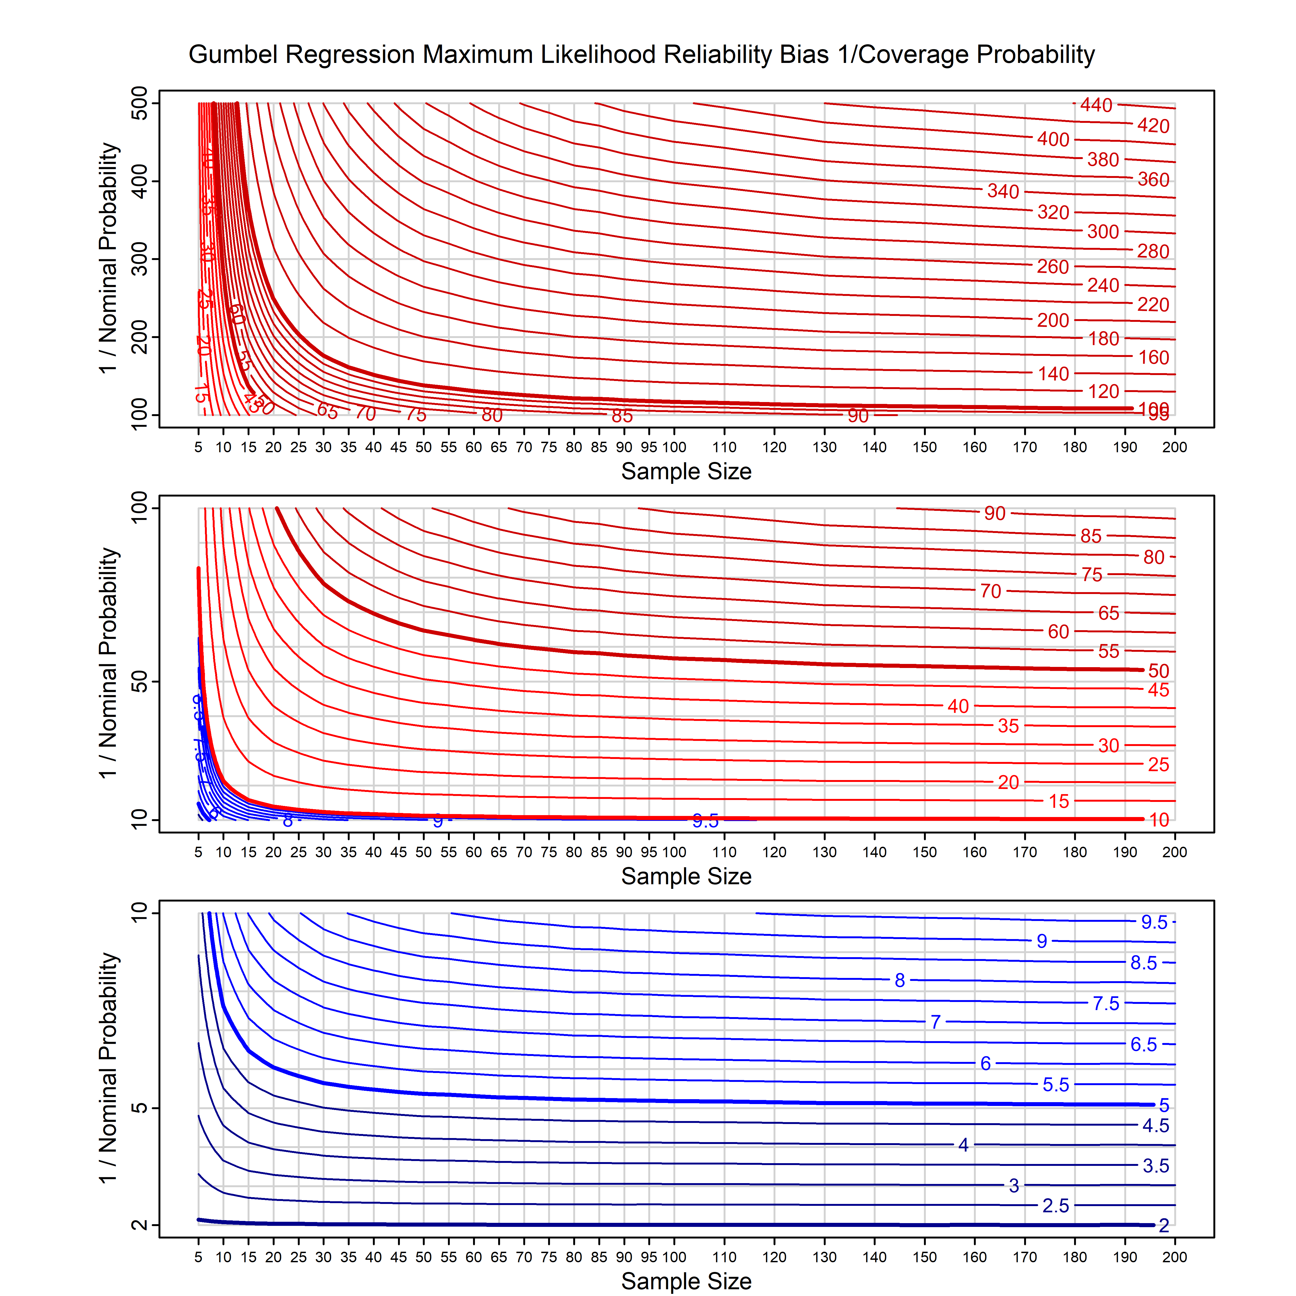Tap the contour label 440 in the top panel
pyautogui.click(x=1096, y=105)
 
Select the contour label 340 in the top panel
pyautogui.click(x=1003, y=192)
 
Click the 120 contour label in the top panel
pyautogui.click(x=1103, y=392)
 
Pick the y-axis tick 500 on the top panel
pyautogui.click(x=140, y=103)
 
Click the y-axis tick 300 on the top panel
pyautogui.click(x=140, y=259)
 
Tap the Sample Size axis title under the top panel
pyautogui.click(x=686, y=472)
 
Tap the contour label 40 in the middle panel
pyautogui.click(x=958, y=706)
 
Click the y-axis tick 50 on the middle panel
pyautogui.click(x=140, y=682)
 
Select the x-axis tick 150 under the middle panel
pyautogui.click(x=924, y=853)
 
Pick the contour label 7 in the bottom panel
pyautogui.click(x=936, y=1022)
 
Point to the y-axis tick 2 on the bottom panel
pyautogui.click(x=140, y=1226)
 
